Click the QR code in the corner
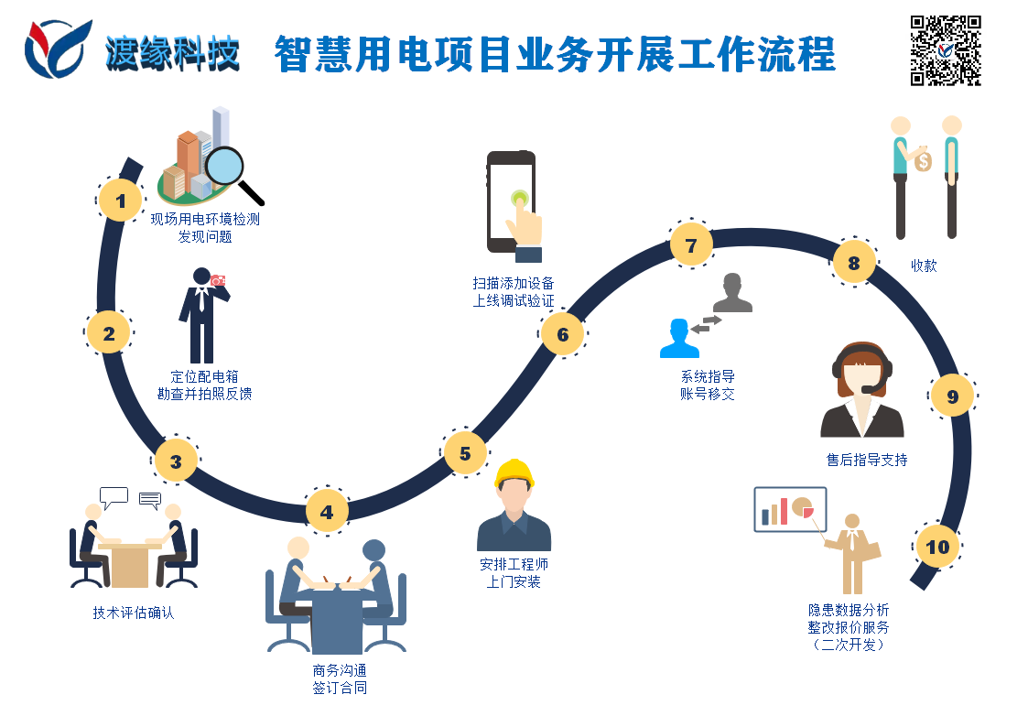pyautogui.click(x=946, y=49)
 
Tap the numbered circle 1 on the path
pyautogui.click(x=120, y=199)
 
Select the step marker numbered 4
pyautogui.click(x=327, y=512)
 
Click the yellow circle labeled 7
pyautogui.click(x=691, y=244)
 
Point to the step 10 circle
pyautogui.click(x=937, y=548)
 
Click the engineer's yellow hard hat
pyautogui.click(x=514, y=473)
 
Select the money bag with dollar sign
pyautogui.click(x=923, y=161)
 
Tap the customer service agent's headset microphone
pyautogui.click(x=868, y=389)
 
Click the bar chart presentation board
pyautogui.click(x=790, y=508)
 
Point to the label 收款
pyautogui.click(x=924, y=266)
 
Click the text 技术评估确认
pyautogui.click(x=134, y=613)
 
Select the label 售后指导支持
pyautogui.click(x=867, y=460)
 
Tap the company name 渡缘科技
pyautogui.click(x=172, y=53)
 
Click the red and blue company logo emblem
pyautogui.click(x=58, y=49)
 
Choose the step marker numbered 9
pyautogui.click(x=952, y=396)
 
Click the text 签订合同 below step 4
pyautogui.click(x=340, y=688)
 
